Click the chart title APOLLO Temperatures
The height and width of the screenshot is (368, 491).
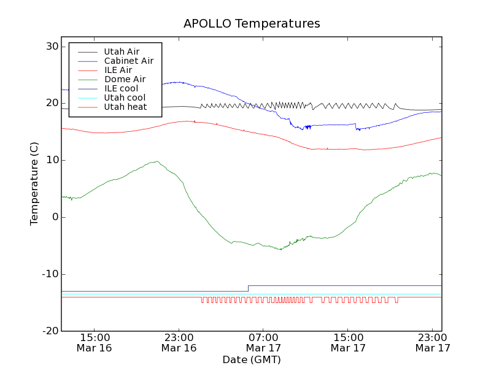point(252,24)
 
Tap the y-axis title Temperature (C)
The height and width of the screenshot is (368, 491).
point(35,184)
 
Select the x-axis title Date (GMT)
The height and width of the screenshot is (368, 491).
point(252,359)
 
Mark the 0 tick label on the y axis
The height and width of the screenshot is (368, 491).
point(55,217)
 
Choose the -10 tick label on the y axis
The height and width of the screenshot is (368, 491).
point(50,274)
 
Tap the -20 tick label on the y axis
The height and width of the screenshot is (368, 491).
point(50,331)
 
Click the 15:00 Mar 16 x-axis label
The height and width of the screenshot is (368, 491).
point(95,342)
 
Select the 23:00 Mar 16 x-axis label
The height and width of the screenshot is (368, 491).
point(179,342)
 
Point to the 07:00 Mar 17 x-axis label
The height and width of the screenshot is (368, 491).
point(263,342)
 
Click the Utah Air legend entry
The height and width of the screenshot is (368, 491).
point(122,52)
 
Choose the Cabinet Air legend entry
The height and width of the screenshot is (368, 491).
point(128,61)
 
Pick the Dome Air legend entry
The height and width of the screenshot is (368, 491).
point(125,79)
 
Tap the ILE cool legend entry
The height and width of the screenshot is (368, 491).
point(121,88)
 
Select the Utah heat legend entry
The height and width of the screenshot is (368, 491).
point(125,107)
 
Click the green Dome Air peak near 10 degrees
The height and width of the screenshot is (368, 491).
point(157,162)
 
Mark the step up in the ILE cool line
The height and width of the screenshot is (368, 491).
point(248,288)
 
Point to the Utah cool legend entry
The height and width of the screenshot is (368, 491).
point(125,98)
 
